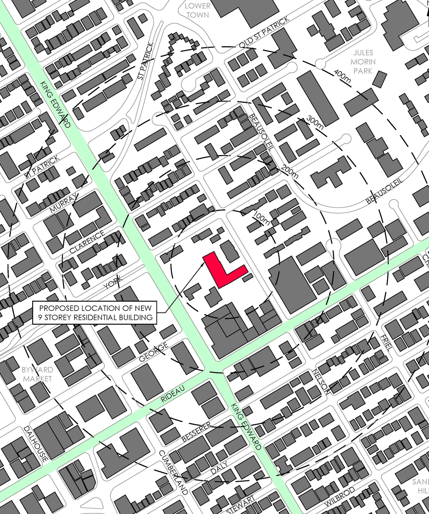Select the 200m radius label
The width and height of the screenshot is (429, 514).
[290, 172]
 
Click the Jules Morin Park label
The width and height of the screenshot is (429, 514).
[363, 62]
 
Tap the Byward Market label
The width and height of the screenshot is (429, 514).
[37, 374]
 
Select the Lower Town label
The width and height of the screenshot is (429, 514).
[197, 10]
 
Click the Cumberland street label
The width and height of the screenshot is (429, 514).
[173, 472]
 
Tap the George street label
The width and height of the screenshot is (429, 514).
[154, 352]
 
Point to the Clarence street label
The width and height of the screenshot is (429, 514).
[87, 242]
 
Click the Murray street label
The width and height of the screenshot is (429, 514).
[64, 202]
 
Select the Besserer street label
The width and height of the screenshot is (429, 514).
[197, 432]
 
